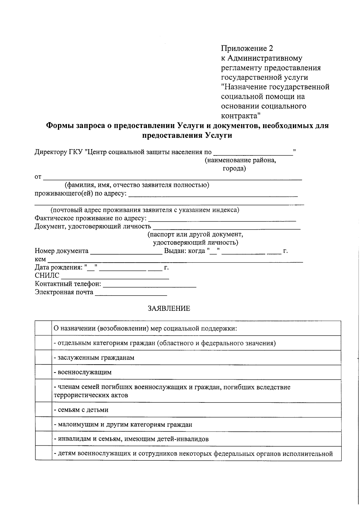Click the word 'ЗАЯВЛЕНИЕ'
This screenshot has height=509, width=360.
click(169, 309)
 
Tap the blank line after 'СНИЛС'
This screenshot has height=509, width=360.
click(115, 276)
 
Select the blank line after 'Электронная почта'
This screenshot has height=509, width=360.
click(131, 293)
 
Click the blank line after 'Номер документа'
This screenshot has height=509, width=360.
click(126, 251)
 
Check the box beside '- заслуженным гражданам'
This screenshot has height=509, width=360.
click(43, 357)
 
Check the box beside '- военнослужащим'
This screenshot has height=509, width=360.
click(43, 372)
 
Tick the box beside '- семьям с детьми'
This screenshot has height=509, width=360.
click(43, 410)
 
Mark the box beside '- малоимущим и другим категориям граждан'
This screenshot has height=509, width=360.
click(43, 424)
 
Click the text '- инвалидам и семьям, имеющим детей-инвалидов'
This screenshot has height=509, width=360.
click(131, 439)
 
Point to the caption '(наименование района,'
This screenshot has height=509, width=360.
click(240, 160)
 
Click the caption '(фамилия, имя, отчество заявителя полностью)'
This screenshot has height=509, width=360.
click(137, 185)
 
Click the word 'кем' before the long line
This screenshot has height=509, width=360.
click(40, 259)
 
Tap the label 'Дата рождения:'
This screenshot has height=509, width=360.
click(58, 267)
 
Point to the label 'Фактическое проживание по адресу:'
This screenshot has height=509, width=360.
click(91, 218)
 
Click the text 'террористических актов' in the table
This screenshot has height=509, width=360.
click(91, 395)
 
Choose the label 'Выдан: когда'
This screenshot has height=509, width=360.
click(184, 251)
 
